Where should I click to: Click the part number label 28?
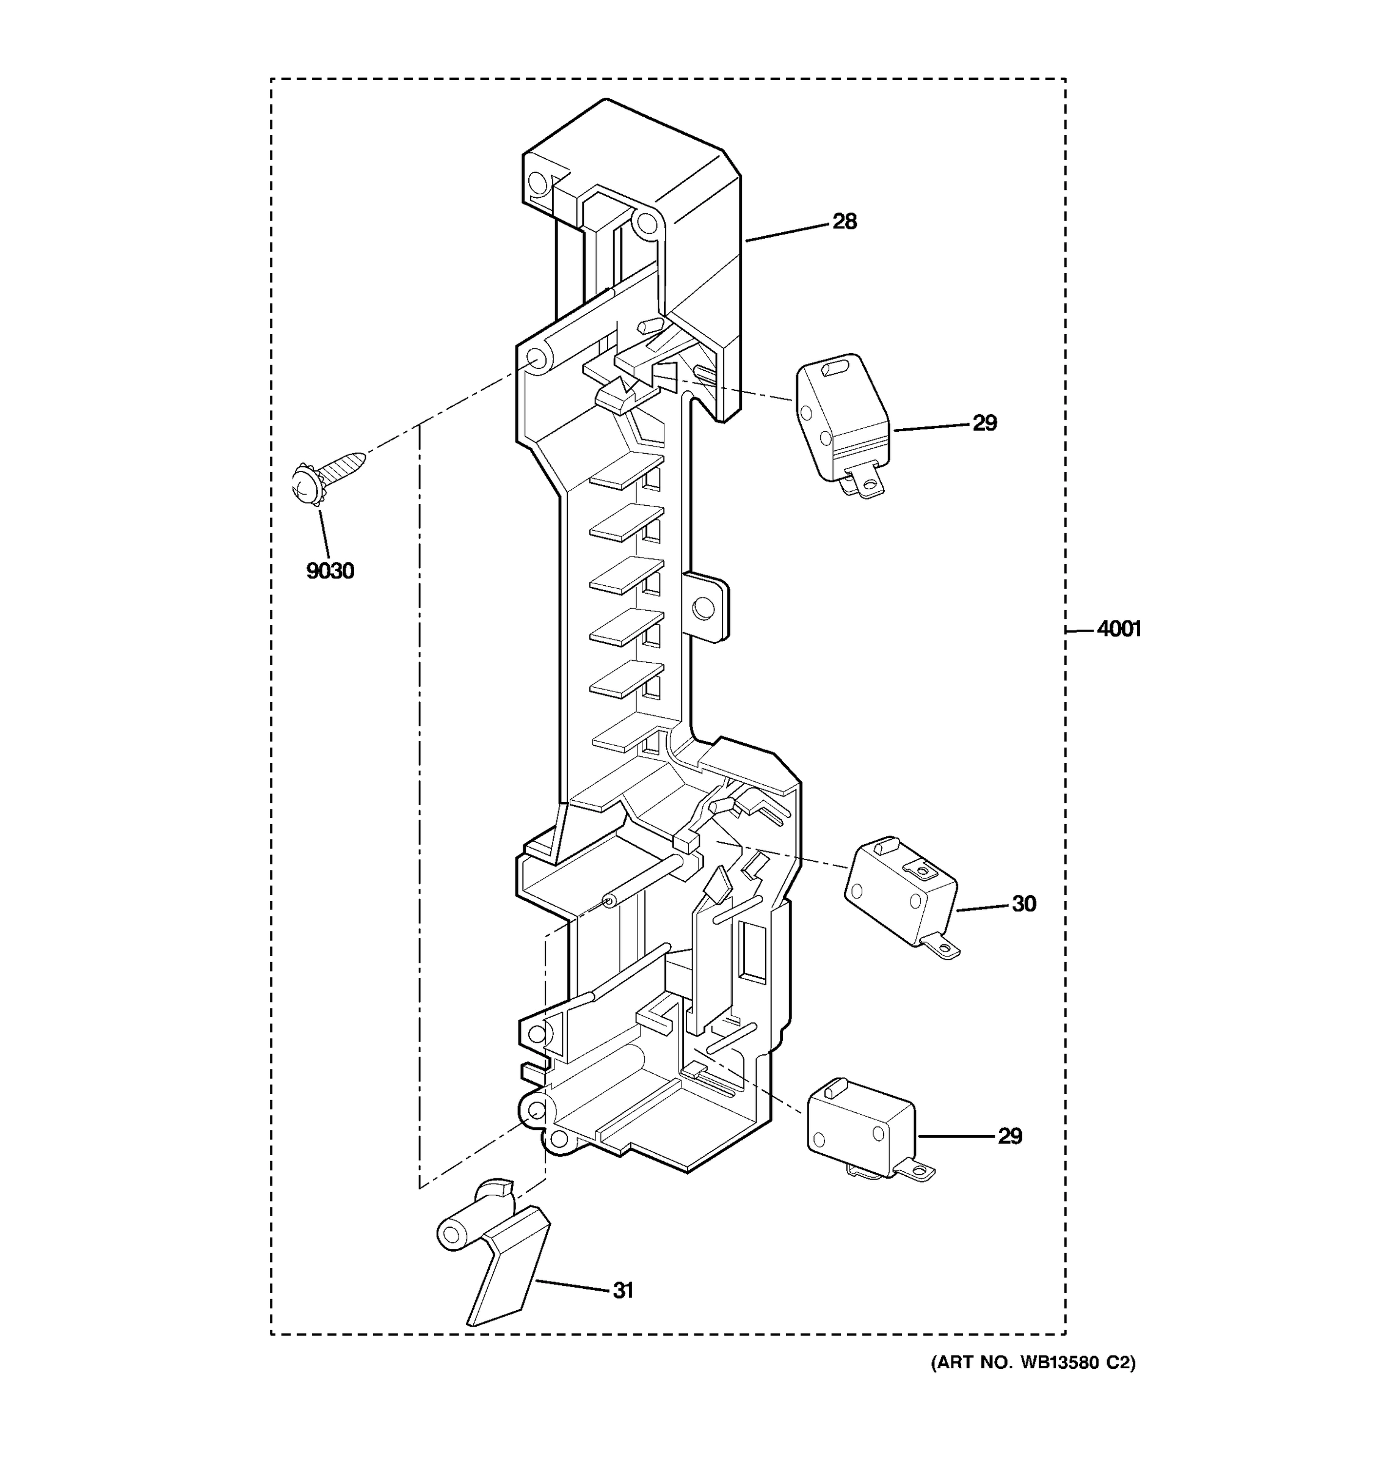[845, 221]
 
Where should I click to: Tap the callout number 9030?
[330, 571]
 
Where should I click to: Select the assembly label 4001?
[1119, 629]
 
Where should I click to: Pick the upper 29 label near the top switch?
[985, 423]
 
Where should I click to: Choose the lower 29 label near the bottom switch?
[1010, 1136]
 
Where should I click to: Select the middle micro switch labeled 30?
[900, 889]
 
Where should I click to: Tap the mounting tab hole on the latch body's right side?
[704, 608]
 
